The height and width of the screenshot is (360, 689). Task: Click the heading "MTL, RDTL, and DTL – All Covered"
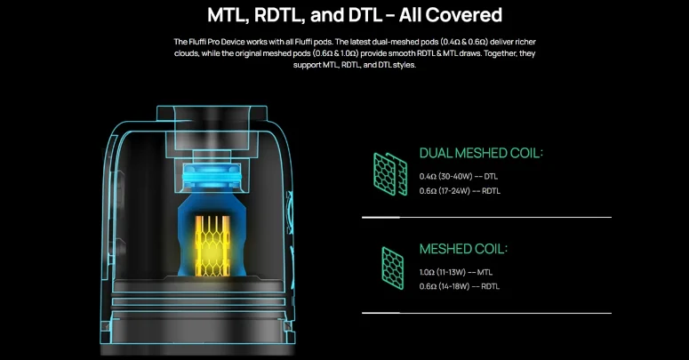355,15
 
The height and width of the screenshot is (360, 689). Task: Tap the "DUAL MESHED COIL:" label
481,153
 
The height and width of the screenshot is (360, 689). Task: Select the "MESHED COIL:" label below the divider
463,249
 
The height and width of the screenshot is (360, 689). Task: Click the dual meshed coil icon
390,174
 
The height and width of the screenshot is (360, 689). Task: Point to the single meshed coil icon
392,268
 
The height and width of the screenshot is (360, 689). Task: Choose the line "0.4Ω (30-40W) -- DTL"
459,177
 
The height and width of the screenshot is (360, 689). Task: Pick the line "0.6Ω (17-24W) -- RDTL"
460,191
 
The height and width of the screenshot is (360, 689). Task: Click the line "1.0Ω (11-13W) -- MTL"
456,273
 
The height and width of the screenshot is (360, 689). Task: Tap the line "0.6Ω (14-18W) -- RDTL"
460,286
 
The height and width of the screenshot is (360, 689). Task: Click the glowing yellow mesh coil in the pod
212,245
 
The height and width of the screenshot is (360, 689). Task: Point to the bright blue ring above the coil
212,177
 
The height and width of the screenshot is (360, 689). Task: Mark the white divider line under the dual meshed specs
486,217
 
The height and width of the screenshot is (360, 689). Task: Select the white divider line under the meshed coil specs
486,313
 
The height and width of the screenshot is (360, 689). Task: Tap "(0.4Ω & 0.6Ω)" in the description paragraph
464,42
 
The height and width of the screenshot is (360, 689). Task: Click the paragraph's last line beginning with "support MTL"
355,65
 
